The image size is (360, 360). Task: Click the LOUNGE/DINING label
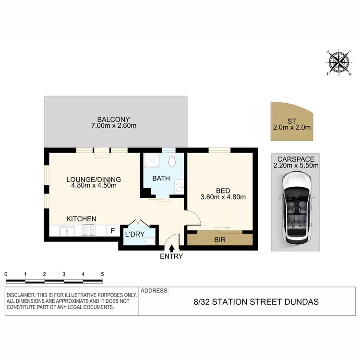[x=94, y=180]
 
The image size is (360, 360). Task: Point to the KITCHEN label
[x=82, y=219]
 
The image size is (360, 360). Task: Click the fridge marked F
[x=113, y=231]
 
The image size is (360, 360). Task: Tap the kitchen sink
[x=67, y=231]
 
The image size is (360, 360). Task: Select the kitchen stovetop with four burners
[x=89, y=231]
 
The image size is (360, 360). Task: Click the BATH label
[x=161, y=179]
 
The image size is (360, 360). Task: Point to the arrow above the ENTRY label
[x=172, y=247]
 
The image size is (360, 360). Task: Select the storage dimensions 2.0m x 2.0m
[x=292, y=128]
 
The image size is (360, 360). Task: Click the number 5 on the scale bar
[x=102, y=274]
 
